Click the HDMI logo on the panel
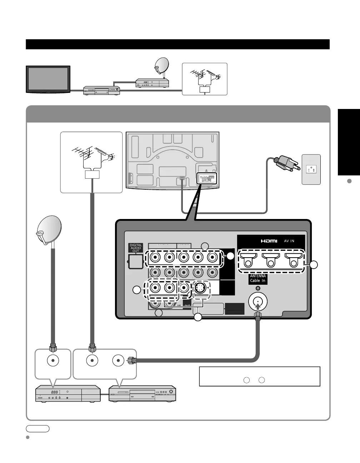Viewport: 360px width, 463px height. point(269,241)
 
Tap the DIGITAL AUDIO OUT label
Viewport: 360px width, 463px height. point(136,248)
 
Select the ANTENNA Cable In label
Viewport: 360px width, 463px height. point(258,278)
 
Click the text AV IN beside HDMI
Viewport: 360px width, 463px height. point(289,241)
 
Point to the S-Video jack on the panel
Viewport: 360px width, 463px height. point(201,288)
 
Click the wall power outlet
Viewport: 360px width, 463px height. point(311,169)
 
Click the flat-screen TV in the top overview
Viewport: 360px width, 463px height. point(48,79)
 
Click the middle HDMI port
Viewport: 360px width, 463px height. point(271,259)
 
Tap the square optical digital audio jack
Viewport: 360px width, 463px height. point(136,262)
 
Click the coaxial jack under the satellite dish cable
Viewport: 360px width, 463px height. point(53,360)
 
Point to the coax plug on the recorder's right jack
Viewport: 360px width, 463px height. point(131,360)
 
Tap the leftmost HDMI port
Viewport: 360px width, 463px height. point(248,259)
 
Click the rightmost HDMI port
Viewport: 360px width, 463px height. point(293,259)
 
